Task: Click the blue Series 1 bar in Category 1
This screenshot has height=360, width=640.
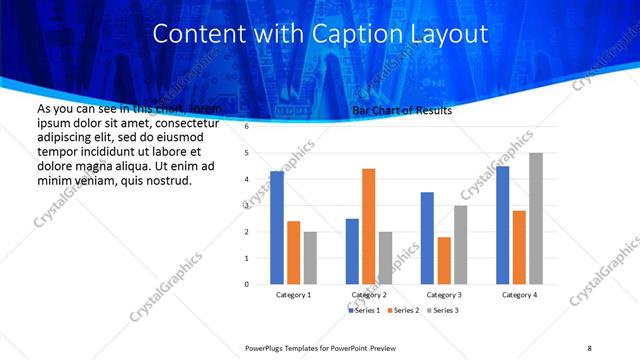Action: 277,228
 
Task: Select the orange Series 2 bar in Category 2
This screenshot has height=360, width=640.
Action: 368,226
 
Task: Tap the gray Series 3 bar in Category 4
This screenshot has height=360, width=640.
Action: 535,218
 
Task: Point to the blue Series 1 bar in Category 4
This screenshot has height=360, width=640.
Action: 502,225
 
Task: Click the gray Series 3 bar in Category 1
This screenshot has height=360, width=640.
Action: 310,258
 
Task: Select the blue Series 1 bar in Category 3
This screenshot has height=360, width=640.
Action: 427,238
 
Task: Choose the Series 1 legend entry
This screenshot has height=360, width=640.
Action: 364,311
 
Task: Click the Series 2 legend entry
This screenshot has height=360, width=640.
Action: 404,311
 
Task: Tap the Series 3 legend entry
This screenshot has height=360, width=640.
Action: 444,311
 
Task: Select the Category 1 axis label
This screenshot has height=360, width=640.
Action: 292,295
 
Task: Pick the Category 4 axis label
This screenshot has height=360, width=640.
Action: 518,295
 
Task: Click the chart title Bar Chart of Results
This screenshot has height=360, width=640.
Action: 402,111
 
